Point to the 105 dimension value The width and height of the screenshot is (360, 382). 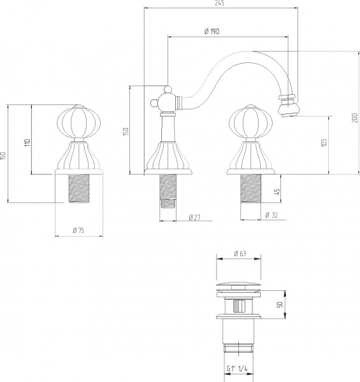click(x=324, y=143)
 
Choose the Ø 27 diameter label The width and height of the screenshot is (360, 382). click(x=195, y=217)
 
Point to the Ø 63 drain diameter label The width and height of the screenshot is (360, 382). click(x=240, y=253)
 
